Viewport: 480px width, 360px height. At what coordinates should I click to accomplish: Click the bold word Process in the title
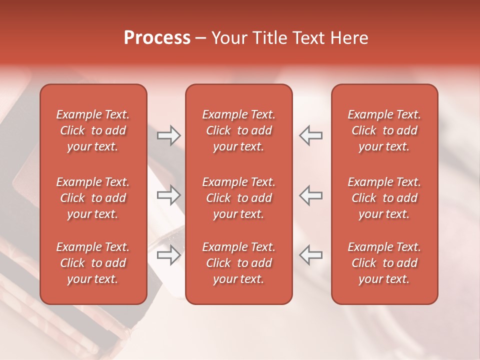coord(157,38)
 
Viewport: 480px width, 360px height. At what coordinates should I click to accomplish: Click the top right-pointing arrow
coord(169,135)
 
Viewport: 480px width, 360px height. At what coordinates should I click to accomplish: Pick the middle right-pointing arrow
coord(169,195)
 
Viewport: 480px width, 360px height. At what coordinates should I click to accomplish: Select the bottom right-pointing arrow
coord(169,254)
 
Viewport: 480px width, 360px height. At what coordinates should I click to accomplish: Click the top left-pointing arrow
coord(310,135)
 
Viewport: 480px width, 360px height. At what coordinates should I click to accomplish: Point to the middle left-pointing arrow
coord(310,195)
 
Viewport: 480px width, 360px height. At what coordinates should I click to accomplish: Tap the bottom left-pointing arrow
coord(310,254)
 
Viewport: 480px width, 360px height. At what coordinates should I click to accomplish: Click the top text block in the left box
coord(93,130)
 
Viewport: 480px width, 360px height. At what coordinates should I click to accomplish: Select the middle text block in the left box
coord(93,198)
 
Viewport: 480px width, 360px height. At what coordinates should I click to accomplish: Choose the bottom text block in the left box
coord(93,263)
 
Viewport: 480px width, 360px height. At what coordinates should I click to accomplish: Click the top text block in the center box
coord(238,130)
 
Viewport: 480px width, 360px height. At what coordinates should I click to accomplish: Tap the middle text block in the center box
coord(238,198)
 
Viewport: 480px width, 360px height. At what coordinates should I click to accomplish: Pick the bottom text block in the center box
coord(238,263)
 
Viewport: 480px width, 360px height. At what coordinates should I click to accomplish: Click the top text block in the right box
coord(384,130)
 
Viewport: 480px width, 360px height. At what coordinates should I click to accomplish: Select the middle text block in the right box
coord(384,198)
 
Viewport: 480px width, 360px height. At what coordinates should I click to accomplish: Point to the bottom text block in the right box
coord(384,263)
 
